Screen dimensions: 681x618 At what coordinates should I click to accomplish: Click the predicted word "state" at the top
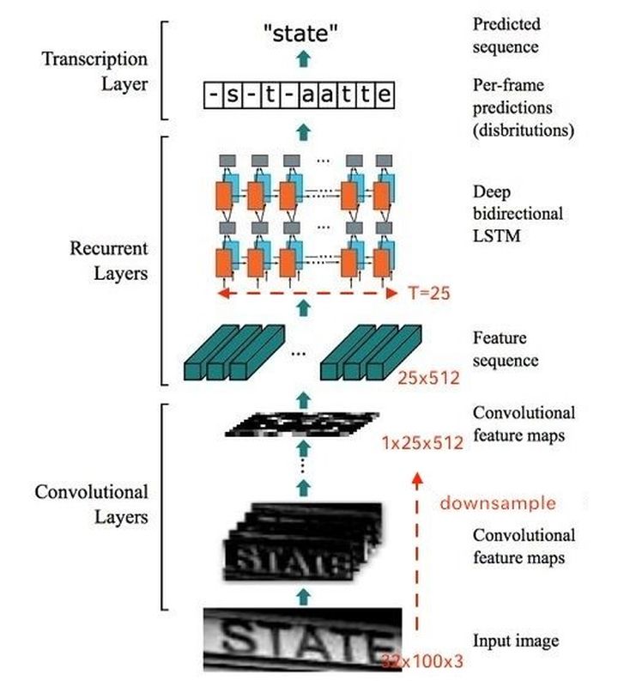[x=300, y=34]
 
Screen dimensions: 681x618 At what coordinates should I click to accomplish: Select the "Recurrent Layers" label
[x=109, y=261]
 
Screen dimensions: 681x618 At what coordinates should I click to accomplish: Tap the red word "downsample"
[x=497, y=502]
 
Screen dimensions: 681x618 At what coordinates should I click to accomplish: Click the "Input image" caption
[x=516, y=640]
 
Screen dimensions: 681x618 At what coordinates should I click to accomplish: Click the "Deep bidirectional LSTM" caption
[x=518, y=211]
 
